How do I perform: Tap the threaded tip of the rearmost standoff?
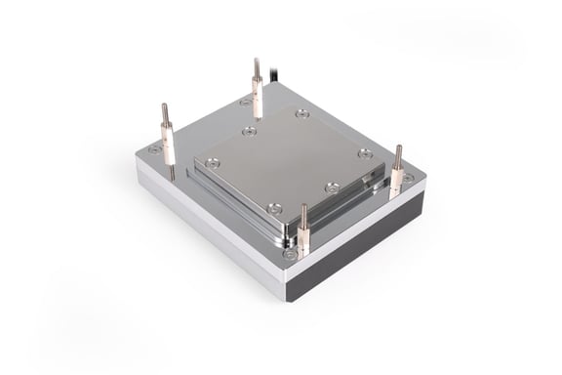click(257, 67)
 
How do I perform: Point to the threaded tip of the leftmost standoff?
click(165, 113)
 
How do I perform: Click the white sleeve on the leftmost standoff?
click(169, 147)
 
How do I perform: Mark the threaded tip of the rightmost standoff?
click(398, 153)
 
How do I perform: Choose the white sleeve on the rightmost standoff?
click(396, 182)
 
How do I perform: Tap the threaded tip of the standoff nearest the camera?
click(303, 213)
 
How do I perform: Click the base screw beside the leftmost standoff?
click(154, 149)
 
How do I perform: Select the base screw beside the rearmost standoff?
click(246, 102)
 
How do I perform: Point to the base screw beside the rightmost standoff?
click(409, 178)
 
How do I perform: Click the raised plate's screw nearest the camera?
click(274, 207)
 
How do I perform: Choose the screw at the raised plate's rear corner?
click(302, 113)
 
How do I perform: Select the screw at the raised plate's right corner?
click(364, 153)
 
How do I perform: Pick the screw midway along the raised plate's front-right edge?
click(332, 187)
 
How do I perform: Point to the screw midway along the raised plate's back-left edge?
click(250, 131)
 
